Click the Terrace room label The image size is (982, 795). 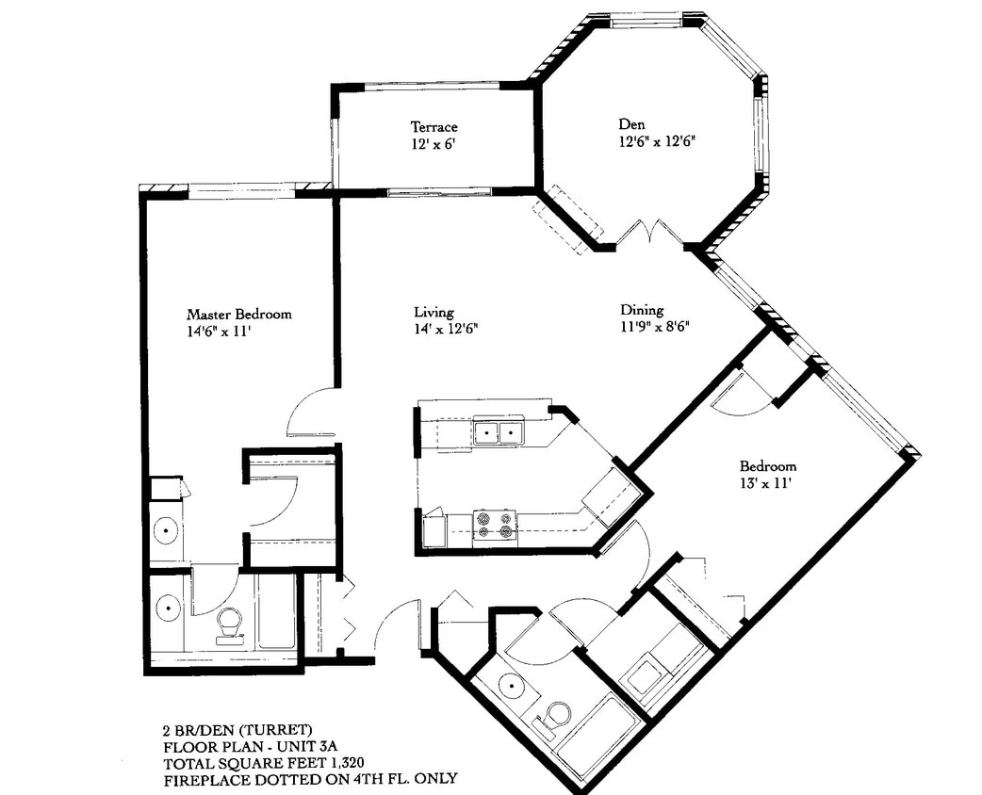click(434, 126)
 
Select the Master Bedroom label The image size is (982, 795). click(238, 315)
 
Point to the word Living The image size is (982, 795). click(434, 312)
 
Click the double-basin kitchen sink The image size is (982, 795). click(498, 432)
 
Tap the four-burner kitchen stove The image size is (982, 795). click(495, 525)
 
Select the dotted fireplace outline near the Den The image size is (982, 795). click(568, 219)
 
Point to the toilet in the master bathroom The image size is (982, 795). click(229, 625)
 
